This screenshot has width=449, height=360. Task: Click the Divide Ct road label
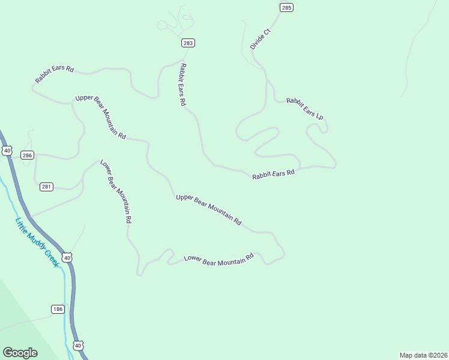pyautogui.click(x=261, y=38)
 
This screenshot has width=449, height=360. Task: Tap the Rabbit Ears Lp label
pyautogui.click(x=305, y=108)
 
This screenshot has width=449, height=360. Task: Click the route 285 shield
pyautogui.click(x=286, y=7)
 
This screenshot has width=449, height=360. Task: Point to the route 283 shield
pyautogui.click(x=188, y=43)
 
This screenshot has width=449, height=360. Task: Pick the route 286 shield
pyautogui.click(x=27, y=155)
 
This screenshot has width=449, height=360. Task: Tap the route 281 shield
pyautogui.click(x=47, y=187)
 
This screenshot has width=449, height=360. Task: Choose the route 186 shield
pyautogui.click(x=57, y=309)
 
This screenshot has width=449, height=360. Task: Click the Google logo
pyautogui.click(x=20, y=352)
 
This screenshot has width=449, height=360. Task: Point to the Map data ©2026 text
pyautogui.click(x=423, y=355)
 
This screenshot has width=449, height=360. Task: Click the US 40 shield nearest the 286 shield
pyautogui.click(x=7, y=150)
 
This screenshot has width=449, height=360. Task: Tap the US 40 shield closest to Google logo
pyautogui.click(x=79, y=345)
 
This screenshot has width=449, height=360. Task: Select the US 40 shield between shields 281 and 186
pyautogui.click(x=67, y=257)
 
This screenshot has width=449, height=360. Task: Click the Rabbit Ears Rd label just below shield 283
pyautogui.click(x=182, y=85)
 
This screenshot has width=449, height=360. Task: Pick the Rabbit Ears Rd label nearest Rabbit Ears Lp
pyautogui.click(x=274, y=174)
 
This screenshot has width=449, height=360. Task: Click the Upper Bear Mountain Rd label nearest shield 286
pyautogui.click(x=100, y=117)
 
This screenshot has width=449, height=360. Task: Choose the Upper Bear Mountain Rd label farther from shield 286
pyautogui.click(x=209, y=209)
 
